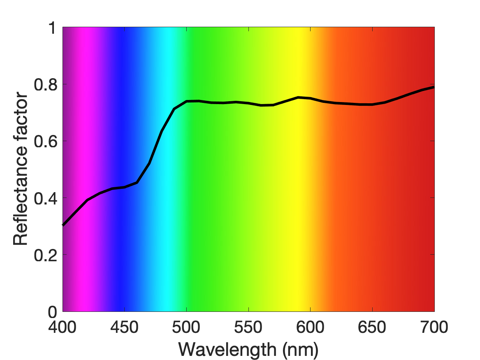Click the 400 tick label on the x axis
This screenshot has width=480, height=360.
pos(63,327)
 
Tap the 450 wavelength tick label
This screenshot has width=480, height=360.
pos(124,327)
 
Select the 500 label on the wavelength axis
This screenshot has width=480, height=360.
pos(186,327)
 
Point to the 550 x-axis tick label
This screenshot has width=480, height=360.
pos(248,327)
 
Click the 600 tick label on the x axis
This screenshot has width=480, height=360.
pos(310,327)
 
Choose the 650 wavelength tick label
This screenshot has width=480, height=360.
pos(372,327)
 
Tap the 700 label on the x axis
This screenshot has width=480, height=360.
pos(434,327)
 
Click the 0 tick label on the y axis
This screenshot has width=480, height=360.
pos(52,312)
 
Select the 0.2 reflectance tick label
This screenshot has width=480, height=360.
pos(46,255)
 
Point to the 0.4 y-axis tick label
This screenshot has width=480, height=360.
pos(46,198)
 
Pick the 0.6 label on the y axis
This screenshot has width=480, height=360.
pos(46,142)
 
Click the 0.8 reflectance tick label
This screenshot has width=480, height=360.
pos(46,84)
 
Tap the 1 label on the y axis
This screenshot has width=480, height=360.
pos(53,28)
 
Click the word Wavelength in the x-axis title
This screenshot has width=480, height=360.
pos(227,349)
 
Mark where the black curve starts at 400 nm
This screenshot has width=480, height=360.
pos(63,225)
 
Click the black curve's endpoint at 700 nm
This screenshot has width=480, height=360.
pos(434,87)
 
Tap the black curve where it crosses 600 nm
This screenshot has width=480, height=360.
pos(311,98)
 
